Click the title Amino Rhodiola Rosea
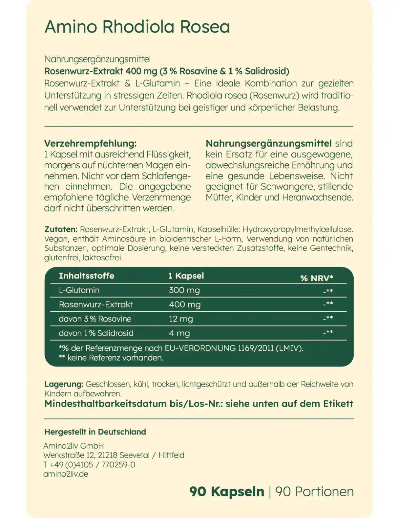[x=137, y=27]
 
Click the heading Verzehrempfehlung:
[x=90, y=144]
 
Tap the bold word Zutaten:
[x=61, y=229]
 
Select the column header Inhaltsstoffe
[x=86, y=276]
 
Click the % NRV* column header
[x=316, y=278]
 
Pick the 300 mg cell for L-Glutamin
[x=184, y=290]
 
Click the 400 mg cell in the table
[x=184, y=305]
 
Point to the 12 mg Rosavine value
[x=181, y=319]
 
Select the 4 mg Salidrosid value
[x=179, y=333]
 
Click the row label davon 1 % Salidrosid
[x=96, y=333]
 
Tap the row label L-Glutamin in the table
[x=79, y=290]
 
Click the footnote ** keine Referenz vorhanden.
[x=111, y=358]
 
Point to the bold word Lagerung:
[x=64, y=384]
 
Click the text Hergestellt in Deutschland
[x=95, y=432]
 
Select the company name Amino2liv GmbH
[x=73, y=446]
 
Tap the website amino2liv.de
[x=66, y=474]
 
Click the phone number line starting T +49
[x=89, y=465]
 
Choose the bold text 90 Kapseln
[x=226, y=492]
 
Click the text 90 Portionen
[x=314, y=492]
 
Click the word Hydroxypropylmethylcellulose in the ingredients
[x=298, y=229]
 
